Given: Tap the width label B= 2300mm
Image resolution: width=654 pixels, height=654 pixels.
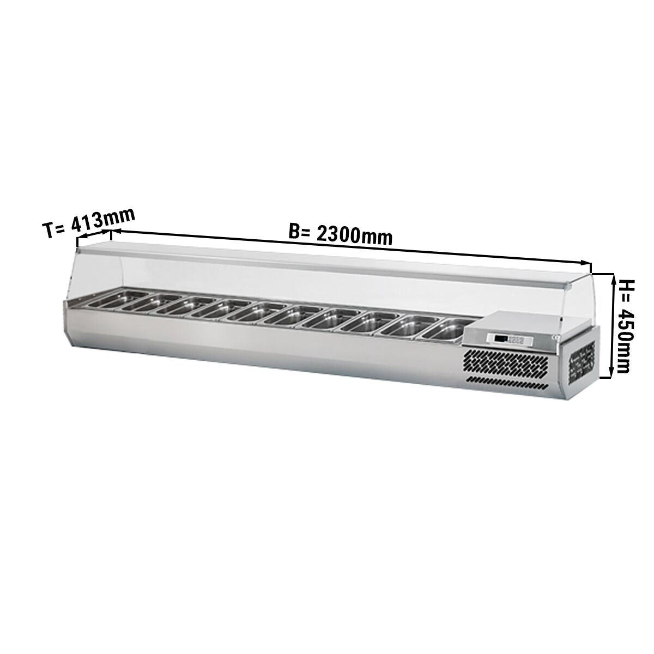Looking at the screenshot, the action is click(x=340, y=234).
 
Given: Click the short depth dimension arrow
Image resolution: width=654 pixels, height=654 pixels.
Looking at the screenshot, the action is click(x=94, y=235).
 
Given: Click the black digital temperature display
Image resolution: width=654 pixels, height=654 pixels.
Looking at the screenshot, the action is click(x=501, y=348).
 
